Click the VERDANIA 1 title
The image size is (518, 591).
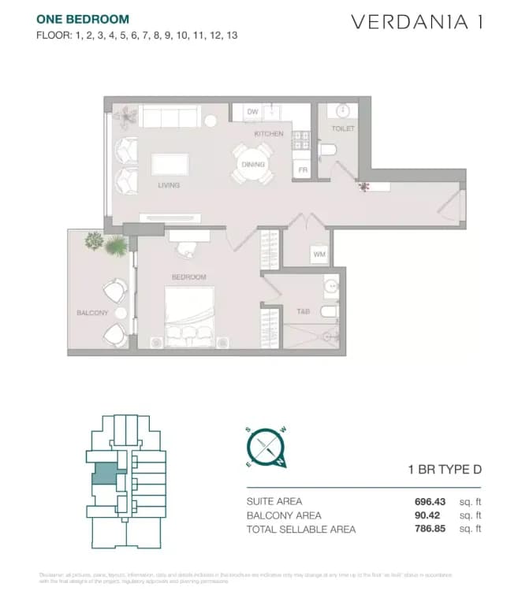click(x=416, y=22)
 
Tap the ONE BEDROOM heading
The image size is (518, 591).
click(x=83, y=19)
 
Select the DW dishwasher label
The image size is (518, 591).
click(x=252, y=112)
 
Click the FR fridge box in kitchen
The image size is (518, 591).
click(x=301, y=169)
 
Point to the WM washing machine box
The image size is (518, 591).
click(x=319, y=255)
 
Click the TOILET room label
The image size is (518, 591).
click(x=343, y=128)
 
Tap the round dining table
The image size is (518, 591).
click(x=252, y=165)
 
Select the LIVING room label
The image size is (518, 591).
click(x=169, y=186)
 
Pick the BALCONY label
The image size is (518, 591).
click(x=92, y=313)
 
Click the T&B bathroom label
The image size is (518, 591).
click(x=303, y=312)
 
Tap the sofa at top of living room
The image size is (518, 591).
click(x=169, y=117)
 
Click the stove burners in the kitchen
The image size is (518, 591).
click(x=301, y=140)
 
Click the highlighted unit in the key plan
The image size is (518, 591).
click(x=104, y=474)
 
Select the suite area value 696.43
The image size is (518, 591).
click(x=430, y=501)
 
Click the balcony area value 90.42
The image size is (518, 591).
click(x=432, y=515)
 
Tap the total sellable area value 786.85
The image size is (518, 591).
click(x=430, y=530)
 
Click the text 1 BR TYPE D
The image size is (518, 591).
click(x=444, y=470)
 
